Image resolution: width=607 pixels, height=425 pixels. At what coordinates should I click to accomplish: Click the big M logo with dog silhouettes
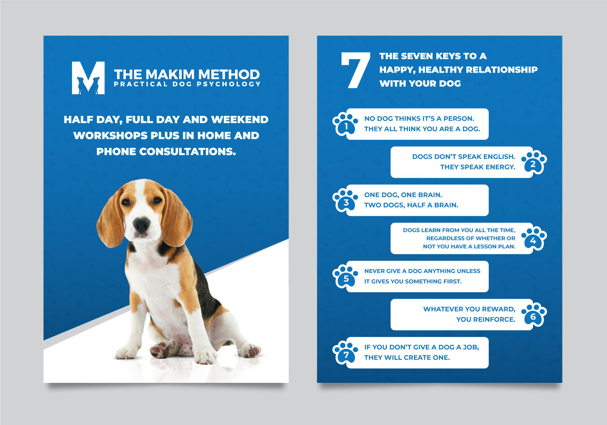click(88, 78)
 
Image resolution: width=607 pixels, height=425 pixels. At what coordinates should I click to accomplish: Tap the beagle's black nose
click(141, 224)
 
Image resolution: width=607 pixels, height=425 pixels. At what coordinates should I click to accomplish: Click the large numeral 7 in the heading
click(355, 70)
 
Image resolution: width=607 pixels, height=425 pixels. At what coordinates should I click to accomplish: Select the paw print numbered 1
click(345, 124)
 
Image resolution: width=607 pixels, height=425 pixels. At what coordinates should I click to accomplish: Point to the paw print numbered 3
click(345, 200)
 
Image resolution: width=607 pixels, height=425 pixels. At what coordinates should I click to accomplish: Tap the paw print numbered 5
click(345, 276)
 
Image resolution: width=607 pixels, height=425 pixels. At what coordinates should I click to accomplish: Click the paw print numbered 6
click(534, 315)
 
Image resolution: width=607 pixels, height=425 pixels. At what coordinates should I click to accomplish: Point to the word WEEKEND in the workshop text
click(240, 120)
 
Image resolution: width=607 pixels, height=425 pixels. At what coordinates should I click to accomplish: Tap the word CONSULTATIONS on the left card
click(187, 152)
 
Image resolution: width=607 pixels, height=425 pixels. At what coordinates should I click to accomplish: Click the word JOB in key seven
click(471, 347)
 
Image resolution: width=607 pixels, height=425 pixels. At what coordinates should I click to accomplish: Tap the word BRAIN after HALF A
click(446, 205)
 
